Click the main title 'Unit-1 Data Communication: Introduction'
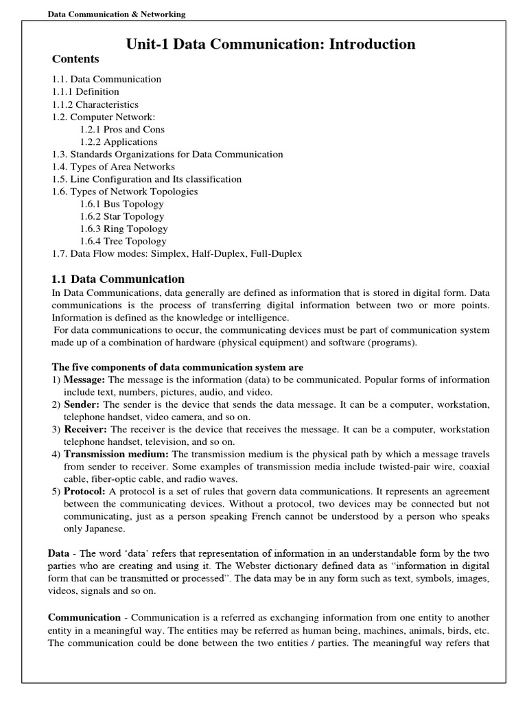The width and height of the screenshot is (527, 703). pyautogui.click(x=271, y=45)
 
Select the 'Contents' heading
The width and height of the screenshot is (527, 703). pyautogui.click(x=75, y=59)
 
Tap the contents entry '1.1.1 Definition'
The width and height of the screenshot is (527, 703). pyautogui.click(x=86, y=91)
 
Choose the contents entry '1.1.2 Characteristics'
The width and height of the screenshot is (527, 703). pyautogui.click(x=95, y=104)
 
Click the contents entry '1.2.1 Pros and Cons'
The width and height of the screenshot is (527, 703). pyautogui.click(x=122, y=129)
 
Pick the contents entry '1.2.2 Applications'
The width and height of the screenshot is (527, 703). pyautogui.click(x=119, y=141)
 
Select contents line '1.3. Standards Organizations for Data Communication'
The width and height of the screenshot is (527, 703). pyautogui.click(x=167, y=154)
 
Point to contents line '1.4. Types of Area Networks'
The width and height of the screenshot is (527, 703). pyautogui.click(x=114, y=167)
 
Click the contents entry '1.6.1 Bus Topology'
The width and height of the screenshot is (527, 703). pyautogui.click(x=121, y=204)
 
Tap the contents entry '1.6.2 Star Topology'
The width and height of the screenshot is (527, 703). pyautogui.click(x=122, y=216)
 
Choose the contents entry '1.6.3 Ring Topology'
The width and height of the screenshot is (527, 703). pyautogui.click(x=124, y=229)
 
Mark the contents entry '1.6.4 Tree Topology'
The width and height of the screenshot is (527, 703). pyautogui.click(x=123, y=241)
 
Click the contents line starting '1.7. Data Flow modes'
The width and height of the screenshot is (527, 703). pyautogui.click(x=177, y=253)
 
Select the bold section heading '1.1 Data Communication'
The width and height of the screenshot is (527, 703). pyautogui.click(x=119, y=279)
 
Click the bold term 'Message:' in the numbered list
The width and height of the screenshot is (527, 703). pyautogui.click(x=84, y=380)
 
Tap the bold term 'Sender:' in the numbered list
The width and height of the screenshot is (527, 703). pyautogui.click(x=82, y=404)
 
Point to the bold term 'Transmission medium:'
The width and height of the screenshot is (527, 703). pyautogui.click(x=116, y=454)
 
